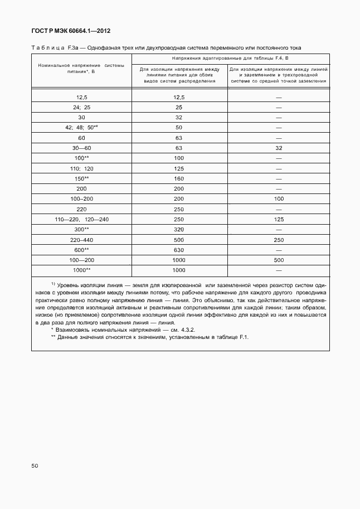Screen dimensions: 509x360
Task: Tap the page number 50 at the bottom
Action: pyautogui.click(x=35, y=466)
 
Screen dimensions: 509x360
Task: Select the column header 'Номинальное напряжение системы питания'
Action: pyautogui.click(x=81, y=69)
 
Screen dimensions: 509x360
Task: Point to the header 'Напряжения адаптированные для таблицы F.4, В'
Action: pyautogui.click(x=230, y=58)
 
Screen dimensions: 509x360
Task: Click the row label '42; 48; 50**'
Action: pyautogui.click(x=81, y=127)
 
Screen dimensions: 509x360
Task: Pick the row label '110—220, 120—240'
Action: pyautogui.click(x=81, y=219)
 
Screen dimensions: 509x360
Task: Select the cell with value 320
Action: pyautogui.click(x=179, y=229)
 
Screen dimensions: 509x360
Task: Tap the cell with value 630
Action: pyautogui.click(x=179, y=250)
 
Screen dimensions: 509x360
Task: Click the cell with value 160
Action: pyautogui.click(x=179, y=178)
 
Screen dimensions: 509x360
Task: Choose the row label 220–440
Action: pyautogui.click(x=81, y=239)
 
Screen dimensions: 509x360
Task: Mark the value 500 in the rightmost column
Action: pyautogui.click(x=279, y=260)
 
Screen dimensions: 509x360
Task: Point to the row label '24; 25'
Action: pyautogui.click(x=81, y=107)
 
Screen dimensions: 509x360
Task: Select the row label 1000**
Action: pyautogui.click(x=81, y=270)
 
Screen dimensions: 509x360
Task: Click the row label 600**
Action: pyautogui.click(x=81, y=250)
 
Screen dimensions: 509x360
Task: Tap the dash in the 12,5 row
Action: pyautogui.click(x=279, y=97)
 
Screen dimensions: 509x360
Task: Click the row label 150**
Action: pyautogui.click(x=81, y=178)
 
